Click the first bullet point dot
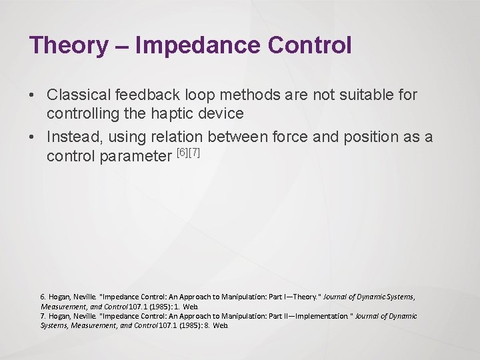(x=32, y=95)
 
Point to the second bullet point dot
(x=32, y=137)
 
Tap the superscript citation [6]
(x=181, y=154)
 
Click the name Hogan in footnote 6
(x=61, y=297)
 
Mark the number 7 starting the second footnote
(x=43, y=316)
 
